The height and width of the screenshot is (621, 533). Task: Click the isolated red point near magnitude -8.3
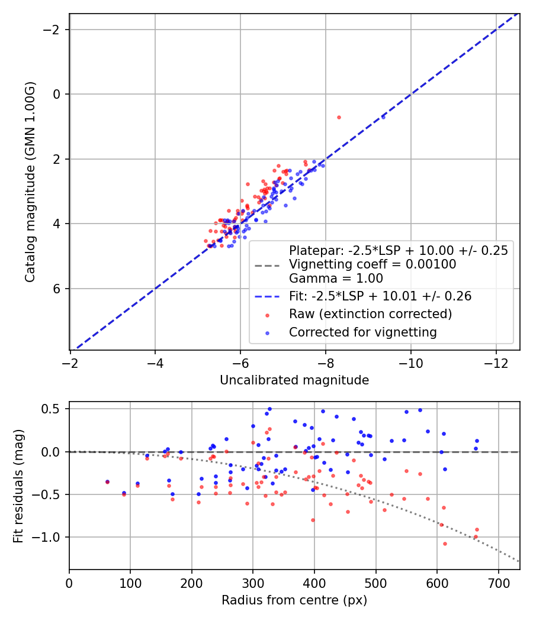(x=339, y=118)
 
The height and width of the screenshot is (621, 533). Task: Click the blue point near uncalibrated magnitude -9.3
(x=383, y=117)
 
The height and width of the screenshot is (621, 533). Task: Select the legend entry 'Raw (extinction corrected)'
(x=370, y=314)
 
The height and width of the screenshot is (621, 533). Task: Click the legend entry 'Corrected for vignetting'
(x=363, y=332)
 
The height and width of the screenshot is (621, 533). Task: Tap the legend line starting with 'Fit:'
(x=380, y=296)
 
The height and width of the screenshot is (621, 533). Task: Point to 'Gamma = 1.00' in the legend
(x=336, y=279)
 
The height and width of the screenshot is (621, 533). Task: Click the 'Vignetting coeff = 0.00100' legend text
(x=373, y=264)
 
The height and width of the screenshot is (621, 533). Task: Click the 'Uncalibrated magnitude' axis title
(x=294, y=380)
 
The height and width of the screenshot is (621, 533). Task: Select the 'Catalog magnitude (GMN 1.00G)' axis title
(x=30, y=182)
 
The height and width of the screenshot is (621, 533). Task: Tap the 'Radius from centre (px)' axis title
(x=294, y=600)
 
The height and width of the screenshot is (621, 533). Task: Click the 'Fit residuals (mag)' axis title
(x=18, y=486)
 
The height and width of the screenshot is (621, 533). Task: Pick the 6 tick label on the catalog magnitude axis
(x=56, y=289)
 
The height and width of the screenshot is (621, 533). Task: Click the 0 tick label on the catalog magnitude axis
(x=56, y=94)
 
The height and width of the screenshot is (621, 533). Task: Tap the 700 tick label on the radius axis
(x=499, y=583)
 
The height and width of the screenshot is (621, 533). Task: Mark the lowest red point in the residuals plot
(x=445, y=544)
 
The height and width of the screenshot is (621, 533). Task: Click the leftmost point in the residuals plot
(x=107, y=482)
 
